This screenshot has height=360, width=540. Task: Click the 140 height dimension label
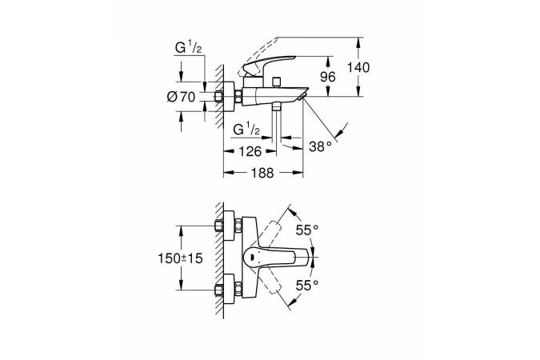[x=359, y=68]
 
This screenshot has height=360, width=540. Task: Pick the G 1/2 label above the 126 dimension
[x=246, y=129]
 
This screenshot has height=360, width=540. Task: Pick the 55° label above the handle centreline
[x=307, y=230]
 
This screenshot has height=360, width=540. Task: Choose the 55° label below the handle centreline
[x=307, y=284]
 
